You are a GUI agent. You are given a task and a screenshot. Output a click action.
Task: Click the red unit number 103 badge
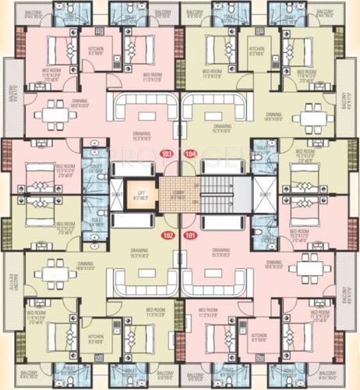[x=166, y=154]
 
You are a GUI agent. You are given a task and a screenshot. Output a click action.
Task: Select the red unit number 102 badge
[x=166, y=234]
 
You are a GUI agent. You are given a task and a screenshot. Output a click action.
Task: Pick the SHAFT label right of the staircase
[x=265, y=193]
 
